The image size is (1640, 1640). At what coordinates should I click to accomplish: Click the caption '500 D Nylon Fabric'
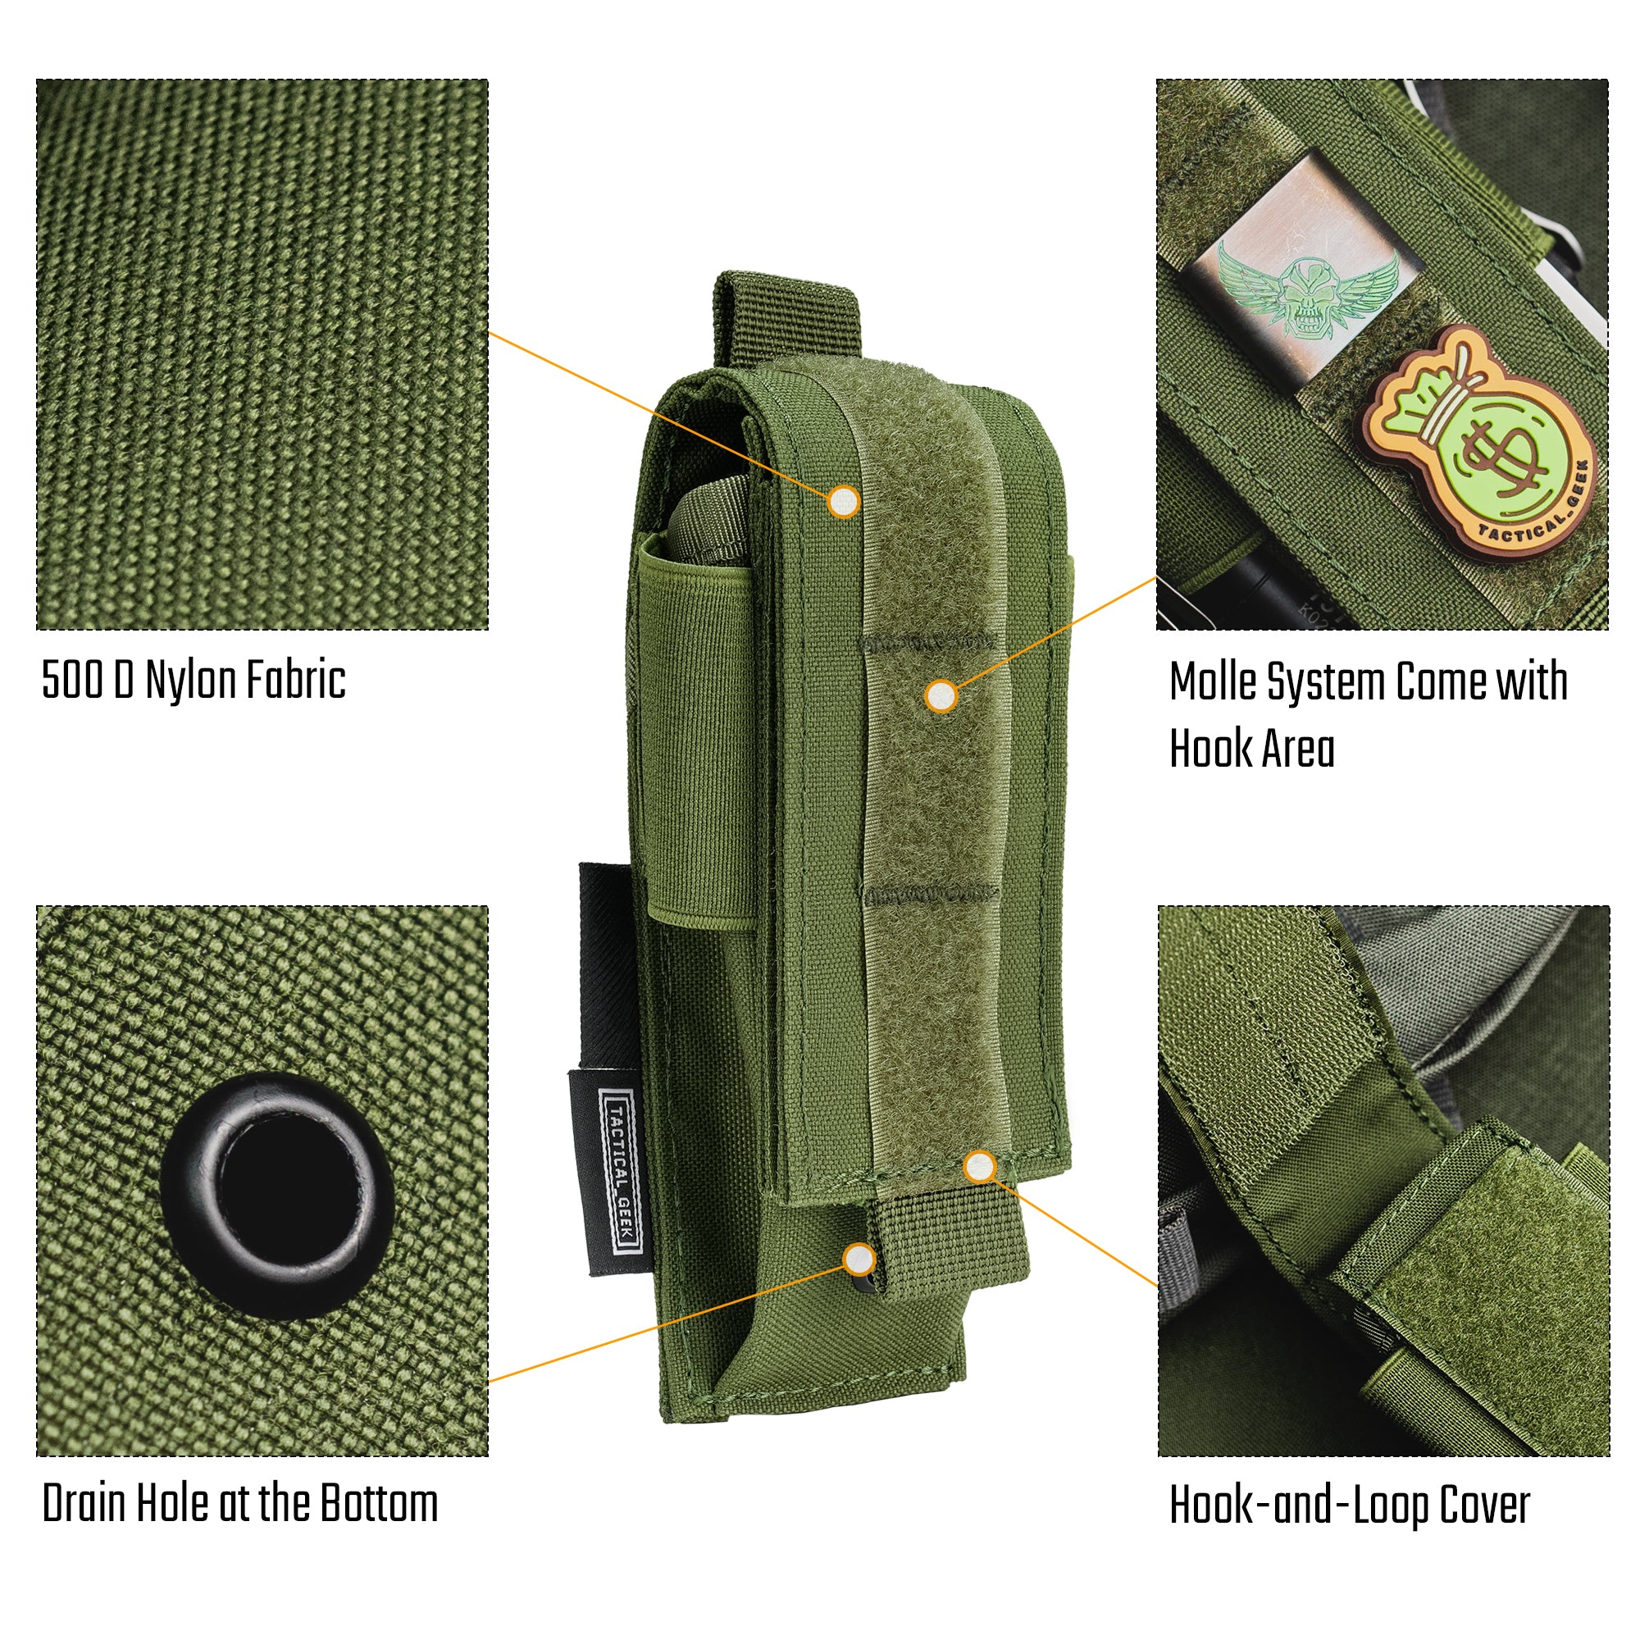coord(194,680)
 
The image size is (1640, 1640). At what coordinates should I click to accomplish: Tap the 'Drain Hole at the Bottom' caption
coord(240,1503)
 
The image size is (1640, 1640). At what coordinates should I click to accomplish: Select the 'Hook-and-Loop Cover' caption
coord(1350,1505)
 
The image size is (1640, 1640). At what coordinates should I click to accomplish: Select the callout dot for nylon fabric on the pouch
coord(843,502)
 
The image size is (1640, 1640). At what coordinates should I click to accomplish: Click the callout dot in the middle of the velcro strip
coord(941,697)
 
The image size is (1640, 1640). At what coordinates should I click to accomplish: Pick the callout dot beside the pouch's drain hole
coord(859,1259)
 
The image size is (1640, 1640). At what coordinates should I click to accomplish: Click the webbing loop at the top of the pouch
coord(786,318)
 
